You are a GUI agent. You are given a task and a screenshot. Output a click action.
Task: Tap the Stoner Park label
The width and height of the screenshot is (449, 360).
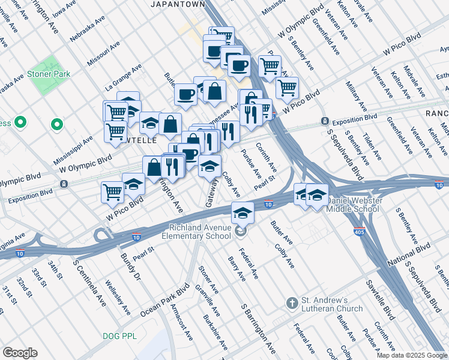tap(48, 74)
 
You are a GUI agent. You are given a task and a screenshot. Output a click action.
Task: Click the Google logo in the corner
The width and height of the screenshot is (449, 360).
tap(20, 353)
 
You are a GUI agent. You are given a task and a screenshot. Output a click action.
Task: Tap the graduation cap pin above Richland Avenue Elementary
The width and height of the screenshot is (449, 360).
tap(242, 212)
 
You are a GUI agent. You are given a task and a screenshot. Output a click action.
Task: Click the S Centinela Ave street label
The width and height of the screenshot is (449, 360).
tap(89, 283)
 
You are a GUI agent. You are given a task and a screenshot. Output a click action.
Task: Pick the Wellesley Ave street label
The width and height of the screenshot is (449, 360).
tap(116, 296)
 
